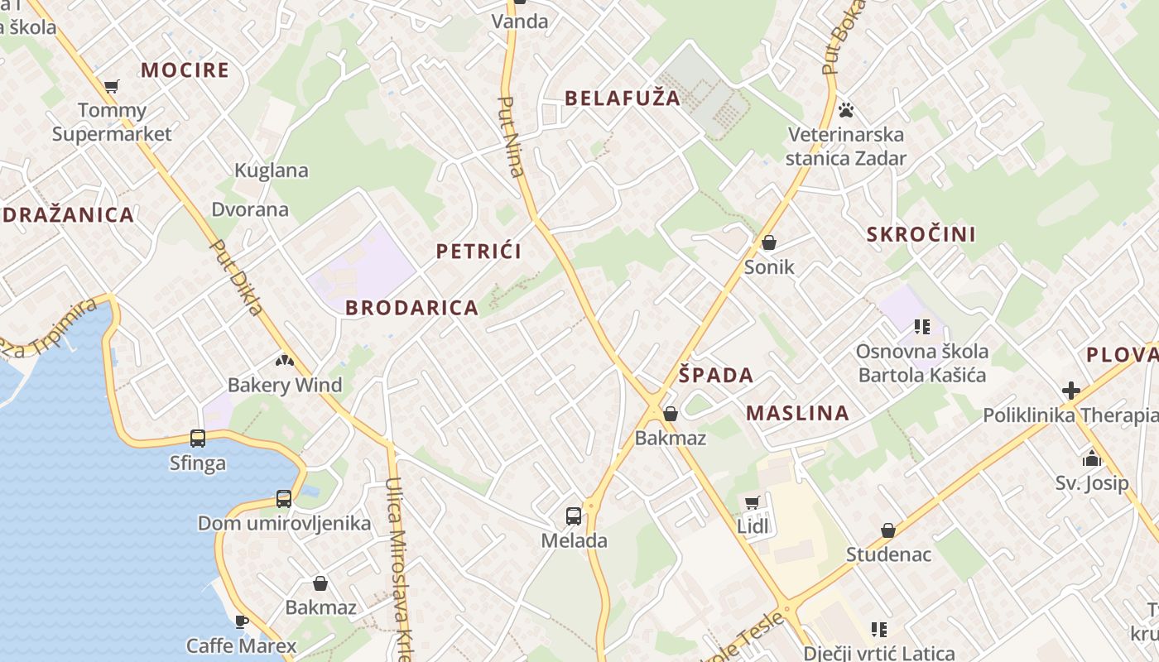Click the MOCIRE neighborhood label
(x=185, y=70)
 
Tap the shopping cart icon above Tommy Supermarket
(x=111, y=86)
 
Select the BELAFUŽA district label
(x=623, y=98)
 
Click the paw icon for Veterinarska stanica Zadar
(x=845, y=109)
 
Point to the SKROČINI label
(x=921, y=234)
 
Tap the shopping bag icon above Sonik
(x=768, y=242)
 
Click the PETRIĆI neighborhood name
(x=479, y=251)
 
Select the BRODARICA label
(x=411, y=308)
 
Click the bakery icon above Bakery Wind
(x=284, y=361)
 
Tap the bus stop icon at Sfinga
(x=197, y=439)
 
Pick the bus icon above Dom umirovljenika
(x=283, y=499)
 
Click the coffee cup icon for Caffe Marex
(x=241, y=621)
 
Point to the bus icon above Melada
(x=573, y=516)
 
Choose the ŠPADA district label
(x=716, y=375)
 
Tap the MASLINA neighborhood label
(x=797, y=413)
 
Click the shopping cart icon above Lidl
(x=752, y=502)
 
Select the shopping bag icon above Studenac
(x=887, y=530)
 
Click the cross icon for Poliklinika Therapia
(x=1071, y=390)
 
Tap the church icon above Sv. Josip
(x=1091, y=458)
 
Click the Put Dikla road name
(x=238, y=278)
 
